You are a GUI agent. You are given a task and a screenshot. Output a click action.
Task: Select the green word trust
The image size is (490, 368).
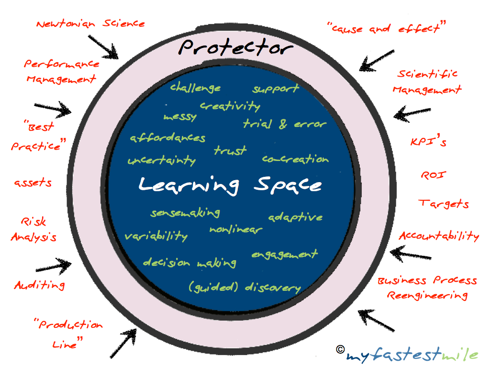[230, 150]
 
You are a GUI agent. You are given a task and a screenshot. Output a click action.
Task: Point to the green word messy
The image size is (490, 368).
[180, 117]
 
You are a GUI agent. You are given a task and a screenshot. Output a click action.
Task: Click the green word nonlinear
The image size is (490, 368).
[235, 230]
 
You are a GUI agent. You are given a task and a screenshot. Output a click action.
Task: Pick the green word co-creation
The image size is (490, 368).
[295, 159]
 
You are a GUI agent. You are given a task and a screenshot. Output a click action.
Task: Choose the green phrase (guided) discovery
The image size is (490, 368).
[245, 287]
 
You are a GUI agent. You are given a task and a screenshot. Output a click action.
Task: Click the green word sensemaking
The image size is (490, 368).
[185, 213]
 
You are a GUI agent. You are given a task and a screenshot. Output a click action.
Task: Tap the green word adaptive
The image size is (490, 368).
[295, 217]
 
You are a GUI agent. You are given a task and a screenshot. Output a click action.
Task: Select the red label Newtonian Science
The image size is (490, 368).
[90, 23]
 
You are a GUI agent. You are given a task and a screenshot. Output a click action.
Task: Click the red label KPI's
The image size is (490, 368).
[428, 142]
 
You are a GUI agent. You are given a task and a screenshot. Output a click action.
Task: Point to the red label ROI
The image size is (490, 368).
[433, 174]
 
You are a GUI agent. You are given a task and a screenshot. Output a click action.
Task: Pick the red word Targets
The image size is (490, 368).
[444, 204]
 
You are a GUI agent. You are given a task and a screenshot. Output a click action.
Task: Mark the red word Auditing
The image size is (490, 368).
[39, 285]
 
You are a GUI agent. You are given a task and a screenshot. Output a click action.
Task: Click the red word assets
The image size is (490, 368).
[33, 183]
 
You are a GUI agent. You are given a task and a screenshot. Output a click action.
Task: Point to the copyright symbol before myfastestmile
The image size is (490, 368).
[340, 349]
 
